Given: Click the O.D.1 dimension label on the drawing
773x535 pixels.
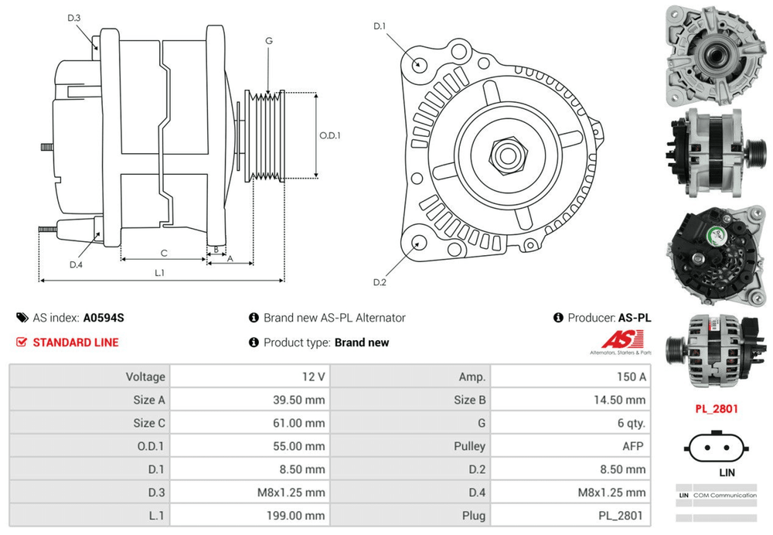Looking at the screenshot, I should (330, 135).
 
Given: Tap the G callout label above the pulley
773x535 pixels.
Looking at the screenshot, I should (268, 41).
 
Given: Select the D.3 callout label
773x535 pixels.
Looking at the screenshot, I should (74, 18).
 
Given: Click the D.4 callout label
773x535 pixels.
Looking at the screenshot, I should (76, 264).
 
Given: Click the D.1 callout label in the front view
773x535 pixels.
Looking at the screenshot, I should (380, 27).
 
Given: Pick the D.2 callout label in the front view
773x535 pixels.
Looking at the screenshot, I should (380, 282).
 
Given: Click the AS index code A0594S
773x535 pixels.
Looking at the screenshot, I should (104, 318).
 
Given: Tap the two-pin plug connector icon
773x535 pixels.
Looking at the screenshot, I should (717, 448).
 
